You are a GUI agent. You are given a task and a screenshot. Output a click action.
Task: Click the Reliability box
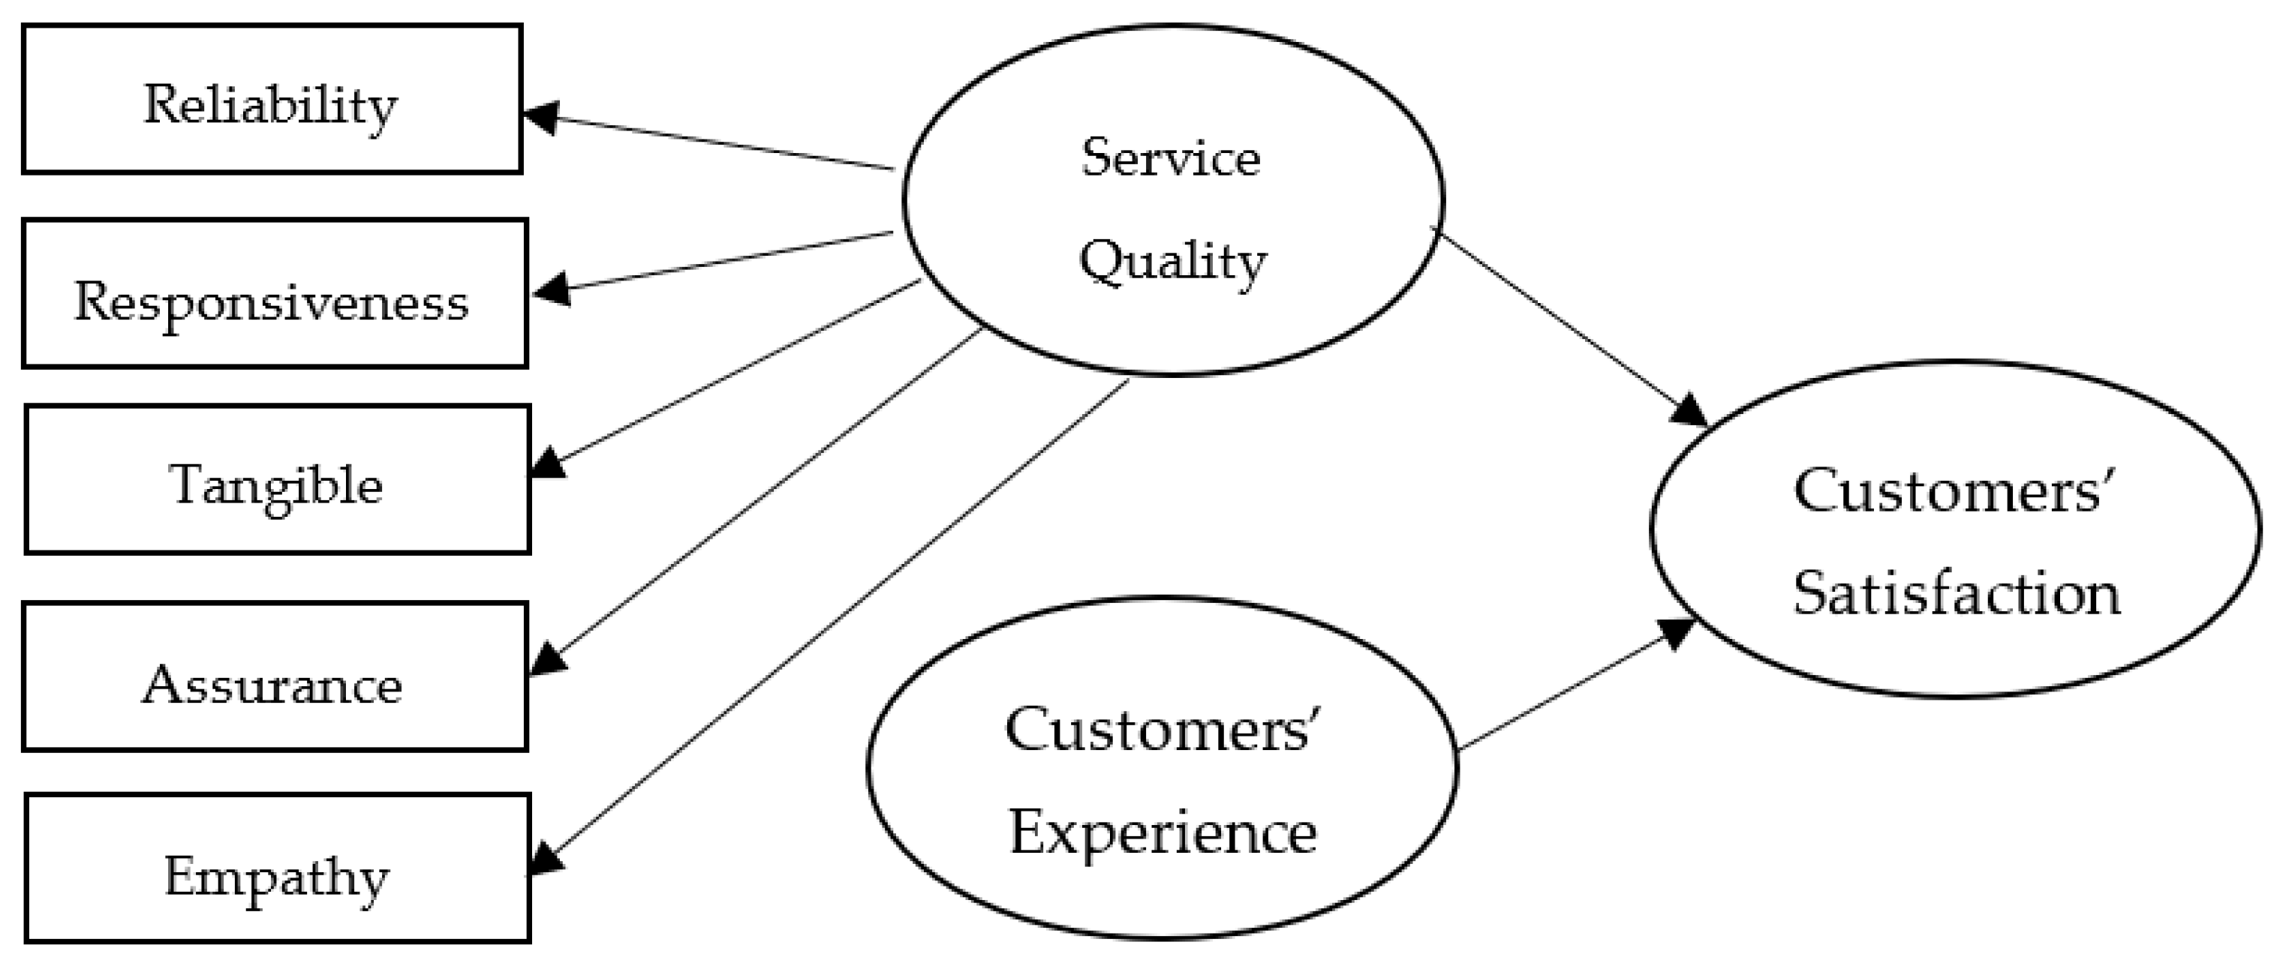tap(272, 100)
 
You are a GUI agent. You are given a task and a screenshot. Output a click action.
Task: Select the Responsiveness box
tap(274, 294)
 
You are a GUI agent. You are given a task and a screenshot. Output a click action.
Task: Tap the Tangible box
tap(277, 479)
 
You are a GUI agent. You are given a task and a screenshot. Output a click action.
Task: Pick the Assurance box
tap(274, 677)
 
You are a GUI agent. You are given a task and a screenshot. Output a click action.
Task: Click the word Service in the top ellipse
tap(1171, 159)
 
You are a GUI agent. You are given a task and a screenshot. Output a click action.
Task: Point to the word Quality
tap(1172, 262)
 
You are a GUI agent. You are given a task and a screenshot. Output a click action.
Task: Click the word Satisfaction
tap(1957, 592)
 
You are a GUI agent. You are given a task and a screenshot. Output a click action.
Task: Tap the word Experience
tap(1163, 832)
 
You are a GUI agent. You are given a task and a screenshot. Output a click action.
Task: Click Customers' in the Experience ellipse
tap(1163, 730)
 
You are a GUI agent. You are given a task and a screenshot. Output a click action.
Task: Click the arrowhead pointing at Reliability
tap(540, 116)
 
